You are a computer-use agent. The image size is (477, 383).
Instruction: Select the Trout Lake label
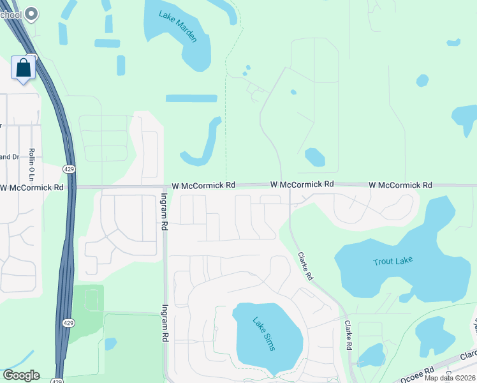coord(393,260)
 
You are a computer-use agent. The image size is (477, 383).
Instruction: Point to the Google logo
coord(21,375)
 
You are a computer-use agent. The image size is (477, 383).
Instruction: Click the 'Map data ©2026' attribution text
coord(450,378)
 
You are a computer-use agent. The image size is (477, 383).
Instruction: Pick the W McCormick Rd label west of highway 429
coord(32,188)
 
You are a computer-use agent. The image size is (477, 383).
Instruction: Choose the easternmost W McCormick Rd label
coord(400,184)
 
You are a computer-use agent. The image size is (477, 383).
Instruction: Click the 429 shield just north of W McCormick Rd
coord(68,168)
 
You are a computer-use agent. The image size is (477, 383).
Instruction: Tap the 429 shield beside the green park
coord(68,323)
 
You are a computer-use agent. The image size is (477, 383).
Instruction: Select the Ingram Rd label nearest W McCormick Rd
coord(164,211)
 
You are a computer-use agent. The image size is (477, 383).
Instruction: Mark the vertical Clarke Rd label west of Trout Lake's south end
coord(349,334)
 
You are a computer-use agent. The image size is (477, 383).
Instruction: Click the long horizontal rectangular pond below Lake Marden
coord(191,99)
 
